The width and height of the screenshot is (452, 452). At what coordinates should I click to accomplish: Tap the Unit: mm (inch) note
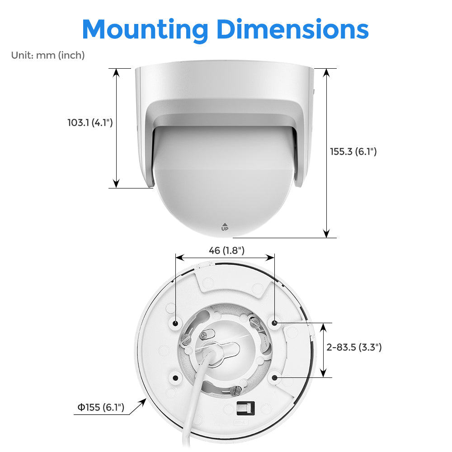(x=48, y=55)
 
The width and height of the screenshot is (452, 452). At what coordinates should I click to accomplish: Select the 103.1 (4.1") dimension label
(x=90, y=122)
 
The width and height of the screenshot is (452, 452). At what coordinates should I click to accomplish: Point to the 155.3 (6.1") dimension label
(x=353, y=151)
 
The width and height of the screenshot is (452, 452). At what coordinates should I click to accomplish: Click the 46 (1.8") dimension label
(x=226, y=250)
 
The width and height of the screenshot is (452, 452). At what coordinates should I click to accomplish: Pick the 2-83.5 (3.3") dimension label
(x=354, y=347)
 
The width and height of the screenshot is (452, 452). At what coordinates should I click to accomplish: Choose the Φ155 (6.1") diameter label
(x=100, y=407)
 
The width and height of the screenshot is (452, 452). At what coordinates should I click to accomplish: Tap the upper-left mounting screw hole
(x=175, y=323)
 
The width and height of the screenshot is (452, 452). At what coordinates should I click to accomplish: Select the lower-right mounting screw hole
(x=275, y=377)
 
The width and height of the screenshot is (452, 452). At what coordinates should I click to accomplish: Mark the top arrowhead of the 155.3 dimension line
(x=326, y=72)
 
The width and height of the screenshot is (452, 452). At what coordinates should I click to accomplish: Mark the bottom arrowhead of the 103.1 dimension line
(x=116, y=184)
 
